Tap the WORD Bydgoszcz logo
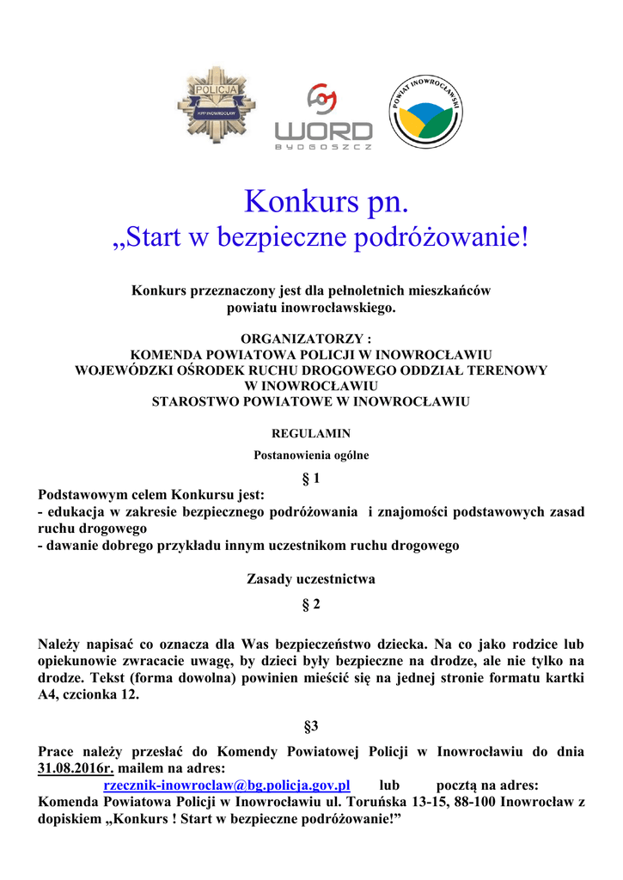[x=323, y=118]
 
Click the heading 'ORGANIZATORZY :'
[x=310, y=339]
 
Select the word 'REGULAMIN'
[x=310, y=433]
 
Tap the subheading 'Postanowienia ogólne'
[x=310, y=455]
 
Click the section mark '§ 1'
[x=310, y=478]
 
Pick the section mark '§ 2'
[x=310, y=605]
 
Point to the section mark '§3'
[x=310, y=726]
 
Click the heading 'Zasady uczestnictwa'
[x=310, y=579]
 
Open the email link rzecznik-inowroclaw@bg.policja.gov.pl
[x=227, y=785]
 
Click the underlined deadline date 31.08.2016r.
[x=76, y=768]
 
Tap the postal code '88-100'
[x=485, y=802]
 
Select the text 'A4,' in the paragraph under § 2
[x=51, y=695]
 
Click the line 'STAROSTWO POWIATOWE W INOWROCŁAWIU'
[x=310, y=401]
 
